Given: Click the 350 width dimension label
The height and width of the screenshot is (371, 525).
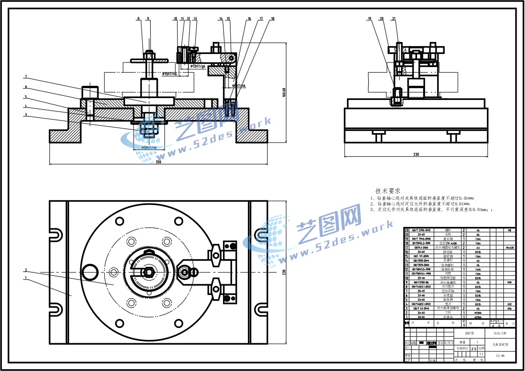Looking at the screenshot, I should click(x=158, y=162).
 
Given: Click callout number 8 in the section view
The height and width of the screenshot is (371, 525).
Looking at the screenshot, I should click(x=139, y=19).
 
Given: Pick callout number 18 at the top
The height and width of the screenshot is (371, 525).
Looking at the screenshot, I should click(x=273, y=19).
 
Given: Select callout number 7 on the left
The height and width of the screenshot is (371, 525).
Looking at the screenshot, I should click(x=26, y=76).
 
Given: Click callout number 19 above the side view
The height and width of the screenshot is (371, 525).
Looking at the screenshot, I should click(x=370, y=19).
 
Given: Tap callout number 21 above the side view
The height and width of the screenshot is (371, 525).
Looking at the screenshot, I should click(x=394, y=19).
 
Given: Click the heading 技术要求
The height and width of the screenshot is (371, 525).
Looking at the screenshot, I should click(x=387, y=191).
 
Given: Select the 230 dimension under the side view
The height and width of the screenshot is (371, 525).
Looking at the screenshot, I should click(x=416, y=154).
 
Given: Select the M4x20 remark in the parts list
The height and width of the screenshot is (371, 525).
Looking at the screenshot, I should click(x=509, y=248).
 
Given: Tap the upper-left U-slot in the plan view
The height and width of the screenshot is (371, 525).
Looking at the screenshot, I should click(x=56, y=235).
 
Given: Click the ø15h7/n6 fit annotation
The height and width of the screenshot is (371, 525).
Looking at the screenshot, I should click(x=170, y=74).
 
